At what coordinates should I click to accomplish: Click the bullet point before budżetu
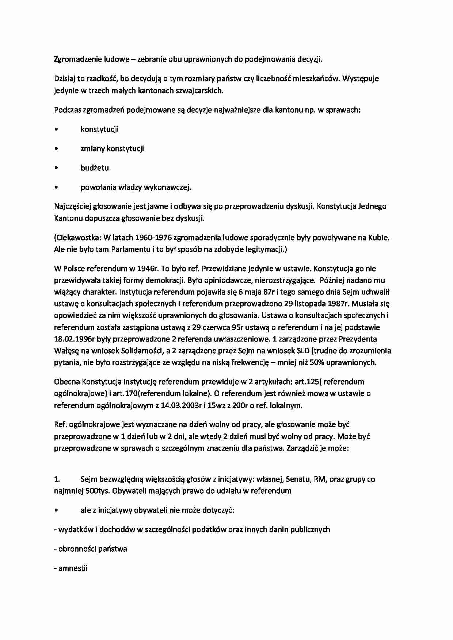click(56, 168)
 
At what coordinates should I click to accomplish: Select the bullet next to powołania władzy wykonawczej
click(56, 188)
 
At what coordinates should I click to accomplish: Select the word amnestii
click(73, 568)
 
